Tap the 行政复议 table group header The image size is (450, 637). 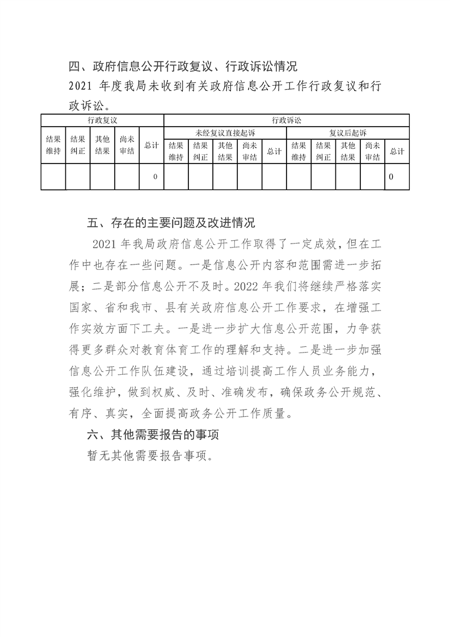(x=102, y=120)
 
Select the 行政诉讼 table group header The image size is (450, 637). (x=287, y=120)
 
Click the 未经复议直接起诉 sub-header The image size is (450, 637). (x=225, y=133)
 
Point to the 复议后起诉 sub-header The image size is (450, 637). (x=348, y=133)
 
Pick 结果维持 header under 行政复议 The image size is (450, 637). (x=53, y=145)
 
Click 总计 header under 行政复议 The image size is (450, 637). (x=152, y=145)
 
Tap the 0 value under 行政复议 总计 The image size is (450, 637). (x=155, y=177)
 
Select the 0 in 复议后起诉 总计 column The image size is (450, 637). (x=391, y=177)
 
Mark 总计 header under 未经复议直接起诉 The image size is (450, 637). (x=274, y=152)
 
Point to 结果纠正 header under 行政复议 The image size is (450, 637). (x=78, y=145)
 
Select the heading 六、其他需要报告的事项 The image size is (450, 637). (x=153, y=435)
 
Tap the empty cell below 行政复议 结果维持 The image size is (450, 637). (x=53, y=177)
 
